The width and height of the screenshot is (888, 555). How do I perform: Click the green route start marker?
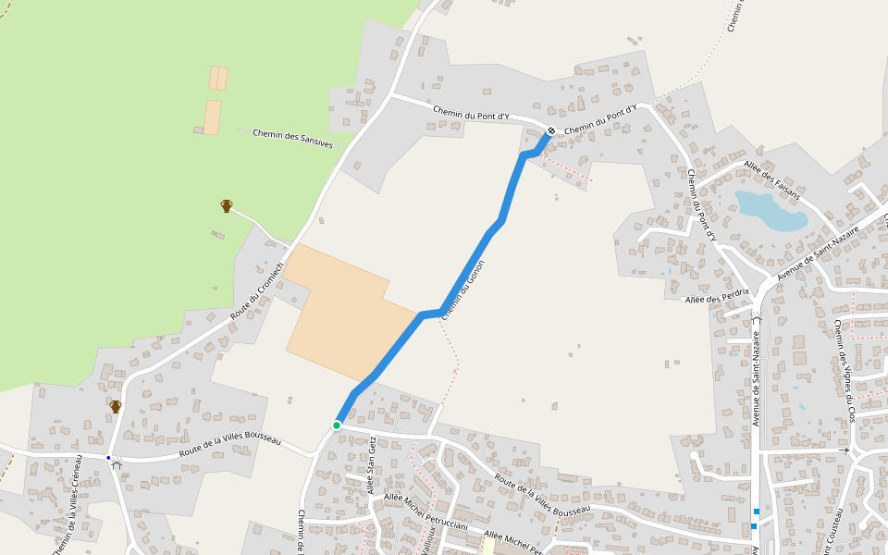point(337,425)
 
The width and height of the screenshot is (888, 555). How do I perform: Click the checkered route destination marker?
point(550,131)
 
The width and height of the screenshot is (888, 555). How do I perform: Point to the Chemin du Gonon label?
point(462,290)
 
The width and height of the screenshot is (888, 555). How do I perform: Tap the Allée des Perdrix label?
point(715,298)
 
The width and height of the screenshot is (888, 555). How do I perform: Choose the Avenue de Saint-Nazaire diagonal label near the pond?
point(819,252)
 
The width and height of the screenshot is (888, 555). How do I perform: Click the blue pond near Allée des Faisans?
point(771,211)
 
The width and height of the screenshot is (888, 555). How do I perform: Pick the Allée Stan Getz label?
point(371,465)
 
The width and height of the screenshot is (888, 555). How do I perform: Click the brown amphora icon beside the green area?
point(227,205)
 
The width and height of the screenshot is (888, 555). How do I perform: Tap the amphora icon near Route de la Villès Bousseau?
point(116,406)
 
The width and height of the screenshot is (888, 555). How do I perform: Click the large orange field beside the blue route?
point(342,319)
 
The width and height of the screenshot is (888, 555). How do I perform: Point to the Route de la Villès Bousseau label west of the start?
point(229,444)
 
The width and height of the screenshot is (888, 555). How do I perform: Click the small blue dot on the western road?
point(108,458)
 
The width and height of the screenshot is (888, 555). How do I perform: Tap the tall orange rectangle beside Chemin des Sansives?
point(213,117)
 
